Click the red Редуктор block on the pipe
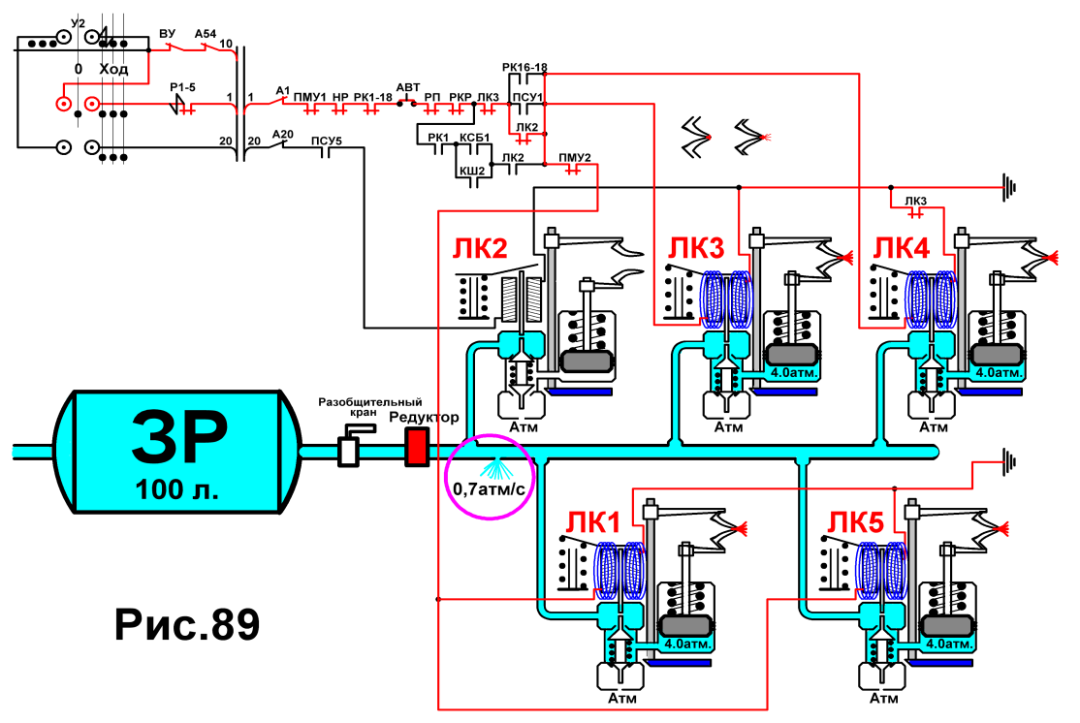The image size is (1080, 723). [417, 446]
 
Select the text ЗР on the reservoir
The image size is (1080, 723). [179, 436]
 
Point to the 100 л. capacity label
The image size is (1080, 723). [177, 489]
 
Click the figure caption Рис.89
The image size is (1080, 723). [187, 624]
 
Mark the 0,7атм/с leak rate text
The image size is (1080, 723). [489, 488]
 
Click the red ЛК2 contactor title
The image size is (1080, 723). [480, 248]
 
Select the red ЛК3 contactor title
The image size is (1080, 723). [696, 248]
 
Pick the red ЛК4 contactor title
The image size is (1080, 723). [902, 248]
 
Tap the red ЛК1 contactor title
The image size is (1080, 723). [593, 523]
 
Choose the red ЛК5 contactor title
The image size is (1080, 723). [855, 523]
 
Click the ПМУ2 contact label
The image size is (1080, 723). [575, 158]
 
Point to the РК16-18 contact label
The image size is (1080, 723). [524, 68]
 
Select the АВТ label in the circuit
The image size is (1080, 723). [408, 87]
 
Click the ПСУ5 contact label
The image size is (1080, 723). [327, 141]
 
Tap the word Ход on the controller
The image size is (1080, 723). [113, 69]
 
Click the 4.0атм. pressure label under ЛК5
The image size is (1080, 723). [949, 644]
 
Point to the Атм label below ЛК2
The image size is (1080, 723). [524, 426]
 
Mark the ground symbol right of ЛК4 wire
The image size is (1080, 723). [1008, 187]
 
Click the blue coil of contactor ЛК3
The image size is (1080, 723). [727, 299]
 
